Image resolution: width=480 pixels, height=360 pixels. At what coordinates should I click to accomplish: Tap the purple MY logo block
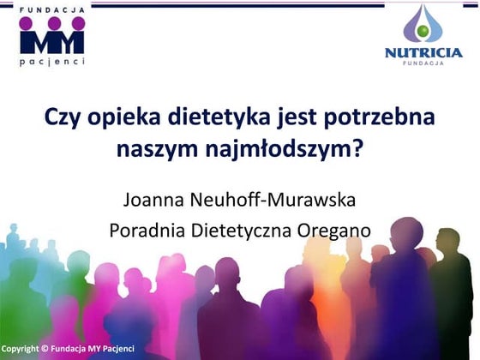click(51, 38)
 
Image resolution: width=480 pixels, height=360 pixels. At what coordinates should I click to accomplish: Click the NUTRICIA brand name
click(423, 53)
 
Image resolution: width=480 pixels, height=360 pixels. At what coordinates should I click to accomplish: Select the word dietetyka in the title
click(225, 117)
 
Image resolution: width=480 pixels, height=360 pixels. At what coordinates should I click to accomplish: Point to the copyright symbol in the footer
click(45, 349)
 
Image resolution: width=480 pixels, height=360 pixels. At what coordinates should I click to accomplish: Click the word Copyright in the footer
click(21, 349)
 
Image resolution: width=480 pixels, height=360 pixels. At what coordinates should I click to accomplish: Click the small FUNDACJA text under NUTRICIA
click(423, 64)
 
